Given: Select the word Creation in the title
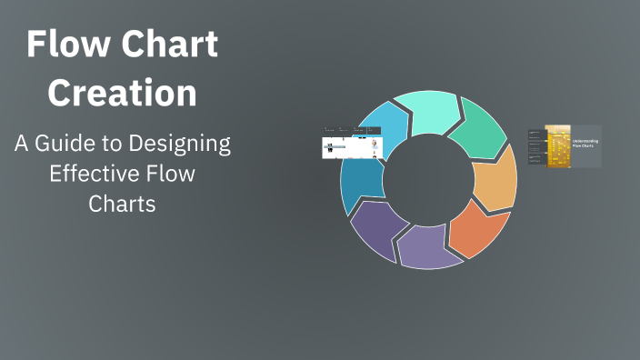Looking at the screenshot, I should click(122, 93).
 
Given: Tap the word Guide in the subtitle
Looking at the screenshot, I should click(84, 144).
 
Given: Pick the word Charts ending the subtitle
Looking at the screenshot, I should click(122, 204).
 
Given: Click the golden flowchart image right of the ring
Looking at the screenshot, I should click(556, 146).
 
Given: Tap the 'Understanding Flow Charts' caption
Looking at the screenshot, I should click(585, 144).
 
